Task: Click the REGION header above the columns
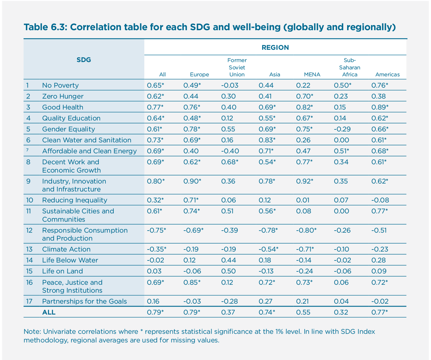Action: click(x=275, y=47)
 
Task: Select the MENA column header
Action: click(x=312, y=75)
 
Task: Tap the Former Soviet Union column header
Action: click(x=237, y=67)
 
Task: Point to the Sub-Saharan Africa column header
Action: click(x=349, y=67)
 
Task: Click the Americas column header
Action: click(x=387, y=75)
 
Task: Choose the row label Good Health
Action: click(x=63, y=107)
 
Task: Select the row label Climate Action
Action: click(x=66, y=249)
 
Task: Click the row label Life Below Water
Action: click(x=70, y=260)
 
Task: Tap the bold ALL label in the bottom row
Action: click(x=49, y=312)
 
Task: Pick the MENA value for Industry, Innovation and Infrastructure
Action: click(x=304, y=181)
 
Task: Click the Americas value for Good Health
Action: click(x=380, y=107)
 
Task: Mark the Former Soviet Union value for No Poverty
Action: click(x=229, y=85)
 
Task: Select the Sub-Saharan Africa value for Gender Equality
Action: click(x=342, y=129)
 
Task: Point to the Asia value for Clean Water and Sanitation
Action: click(x=267, y=140)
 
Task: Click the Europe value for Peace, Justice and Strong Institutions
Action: click(x=192, y=282)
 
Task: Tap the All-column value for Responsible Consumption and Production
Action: click(x=156, y=230)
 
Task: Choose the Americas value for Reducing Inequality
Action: click(x=380, y=200)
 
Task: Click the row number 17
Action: click(x=30, y=301)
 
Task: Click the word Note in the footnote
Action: click(x=30, y=331)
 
